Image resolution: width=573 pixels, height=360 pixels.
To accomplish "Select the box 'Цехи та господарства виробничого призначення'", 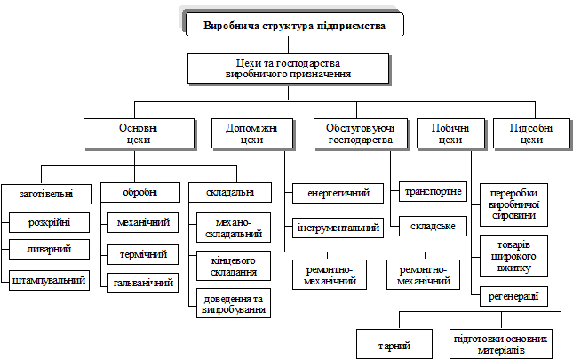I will [x=289, y=68].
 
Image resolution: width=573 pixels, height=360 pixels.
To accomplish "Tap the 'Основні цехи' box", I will [x=139, y=133].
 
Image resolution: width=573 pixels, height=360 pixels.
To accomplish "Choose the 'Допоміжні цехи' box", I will [x=245, y=133].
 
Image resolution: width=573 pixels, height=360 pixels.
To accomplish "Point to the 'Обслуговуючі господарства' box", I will [x=360, y=133].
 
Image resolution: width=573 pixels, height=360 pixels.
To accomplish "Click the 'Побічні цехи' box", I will [x=450, y=133].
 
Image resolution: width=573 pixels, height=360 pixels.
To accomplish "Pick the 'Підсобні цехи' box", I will [x=531, y=133].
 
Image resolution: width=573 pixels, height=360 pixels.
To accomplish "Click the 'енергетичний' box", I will [x=338, y=193].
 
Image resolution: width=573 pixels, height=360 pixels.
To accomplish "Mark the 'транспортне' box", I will [x=434, y=191].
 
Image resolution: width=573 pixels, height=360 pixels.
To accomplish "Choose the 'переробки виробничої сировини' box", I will [x=513, y=204].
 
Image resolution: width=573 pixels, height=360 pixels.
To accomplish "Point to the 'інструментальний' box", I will [x=338, y=228].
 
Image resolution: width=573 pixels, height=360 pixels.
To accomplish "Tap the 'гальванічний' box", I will [x=141, y=284].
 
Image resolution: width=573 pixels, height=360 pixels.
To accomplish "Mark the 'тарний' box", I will [x=394, y=343].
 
